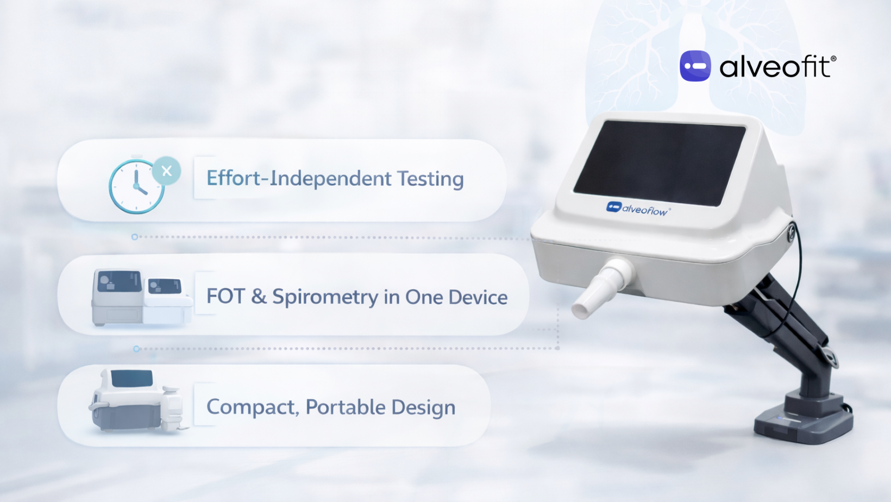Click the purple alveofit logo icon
(x=695, y=66)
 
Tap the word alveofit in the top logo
(x=775, y=67)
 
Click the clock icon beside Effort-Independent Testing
(x=136, y=186)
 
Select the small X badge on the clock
(x=167, y=171)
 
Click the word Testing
(x=430, y=179)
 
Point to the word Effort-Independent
(x=299, y=179)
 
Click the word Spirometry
(x=325, y=297)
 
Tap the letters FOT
(x=225, y=297)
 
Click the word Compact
(x=252, y=407)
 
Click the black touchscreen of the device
(x=660, y=162)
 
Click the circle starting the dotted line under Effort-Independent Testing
(x=135, y=237)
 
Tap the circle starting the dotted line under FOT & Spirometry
(x=136, y=349)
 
